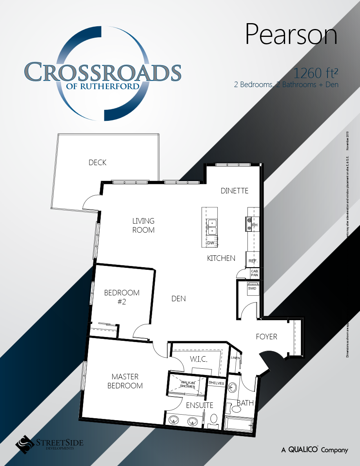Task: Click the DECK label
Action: (x=97, y=162)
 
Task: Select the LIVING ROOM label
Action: (x=143, y=226)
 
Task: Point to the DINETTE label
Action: (x=235, y=191)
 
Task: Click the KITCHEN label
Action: (x=221, y=258)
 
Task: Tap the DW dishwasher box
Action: (x=211, y=242)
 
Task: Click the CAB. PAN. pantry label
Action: (x=255, y=273)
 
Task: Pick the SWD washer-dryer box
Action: (x=252, y=288)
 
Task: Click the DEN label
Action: (x=178, y=299)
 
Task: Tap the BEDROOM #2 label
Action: (x=122, y=297)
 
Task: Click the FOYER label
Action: (x=266, y=337)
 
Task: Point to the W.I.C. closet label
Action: (x=199, y=359)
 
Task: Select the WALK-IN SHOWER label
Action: (x=187, y=384)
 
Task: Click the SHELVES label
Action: (x=216, y=382)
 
